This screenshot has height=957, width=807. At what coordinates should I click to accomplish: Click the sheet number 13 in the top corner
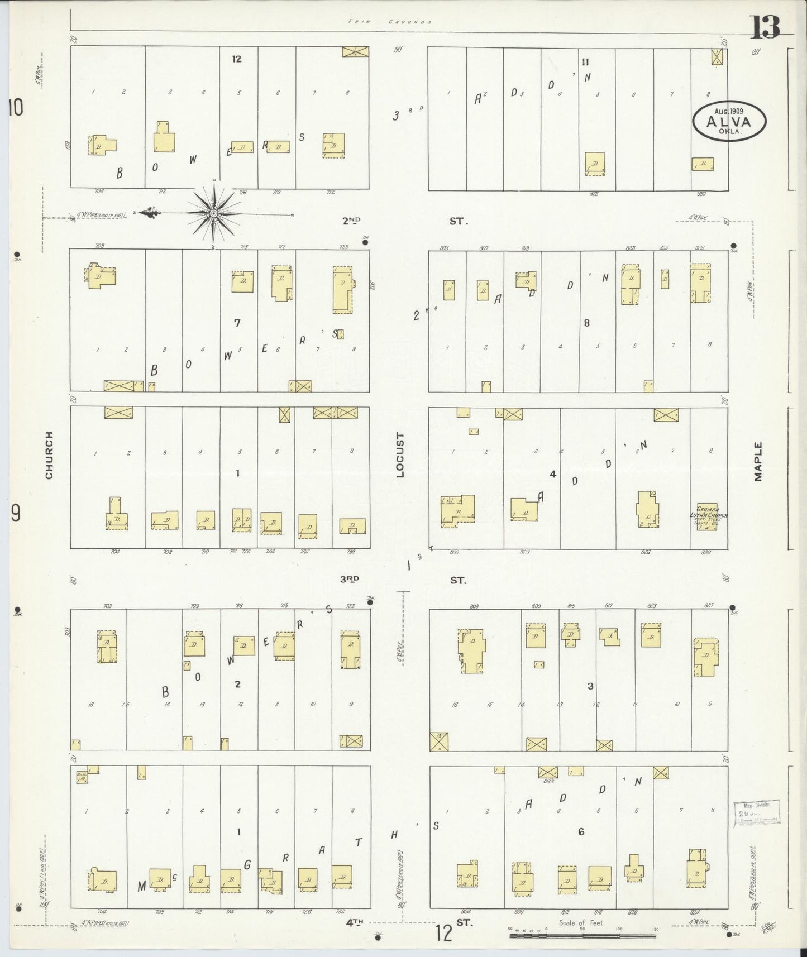[x=765, y=26]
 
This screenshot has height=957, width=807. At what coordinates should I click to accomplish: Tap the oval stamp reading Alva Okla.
[x=729, y=121]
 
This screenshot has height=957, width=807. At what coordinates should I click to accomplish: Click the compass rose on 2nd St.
[x=214, y=213]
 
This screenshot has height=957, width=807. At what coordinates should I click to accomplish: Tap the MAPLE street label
[x=758, y=461]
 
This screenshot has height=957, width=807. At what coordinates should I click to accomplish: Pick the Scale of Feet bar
[x=582, y=935]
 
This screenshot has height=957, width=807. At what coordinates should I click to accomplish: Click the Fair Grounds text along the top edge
[x=390, y=22]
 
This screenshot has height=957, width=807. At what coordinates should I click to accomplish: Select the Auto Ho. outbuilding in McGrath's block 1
[x=82, y=776]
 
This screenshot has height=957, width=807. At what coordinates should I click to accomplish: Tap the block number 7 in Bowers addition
[x=237, y=323]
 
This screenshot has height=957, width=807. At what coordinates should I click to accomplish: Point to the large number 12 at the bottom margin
[x=444, y=933]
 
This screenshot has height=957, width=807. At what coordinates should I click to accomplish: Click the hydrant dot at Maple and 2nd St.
[x=733, y=246]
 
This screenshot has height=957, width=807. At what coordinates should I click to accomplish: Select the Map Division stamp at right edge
[x=757, y=811]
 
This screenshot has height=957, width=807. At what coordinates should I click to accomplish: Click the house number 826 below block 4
[x=646, y=552]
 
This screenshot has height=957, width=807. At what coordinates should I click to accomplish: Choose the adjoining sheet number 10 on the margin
[x=16, y=108]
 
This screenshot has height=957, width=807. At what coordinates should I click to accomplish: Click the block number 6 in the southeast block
[x=581, y=832]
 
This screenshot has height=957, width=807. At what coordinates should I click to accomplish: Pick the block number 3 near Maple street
[x=590, y=686]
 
